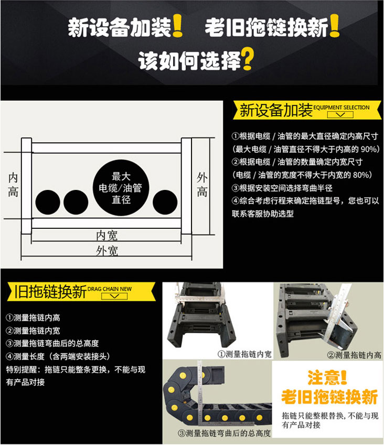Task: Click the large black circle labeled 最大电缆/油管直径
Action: click(121, 187)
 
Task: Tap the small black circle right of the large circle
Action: click(165, 202)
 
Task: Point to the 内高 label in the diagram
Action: click(13, 185)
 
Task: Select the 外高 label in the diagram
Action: click(202, 185)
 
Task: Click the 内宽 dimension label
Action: click(106, 236)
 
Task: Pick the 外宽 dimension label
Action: click(106, 251)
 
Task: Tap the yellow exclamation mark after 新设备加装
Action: click(177, 26)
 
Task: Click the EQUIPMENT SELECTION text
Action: click(341, 107)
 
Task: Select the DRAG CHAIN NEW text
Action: click(110, 289)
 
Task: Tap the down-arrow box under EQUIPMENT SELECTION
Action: click(340, 114)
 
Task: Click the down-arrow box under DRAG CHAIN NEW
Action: click(114, 296)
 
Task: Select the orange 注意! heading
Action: click(327, 378)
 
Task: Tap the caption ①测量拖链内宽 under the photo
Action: click(244, 354)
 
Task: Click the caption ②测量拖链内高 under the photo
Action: click(354, 355)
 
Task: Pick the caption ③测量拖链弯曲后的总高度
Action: click(224, 433)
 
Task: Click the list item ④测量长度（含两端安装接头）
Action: click(58, 356)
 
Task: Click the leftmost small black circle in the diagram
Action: click(48, 202)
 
